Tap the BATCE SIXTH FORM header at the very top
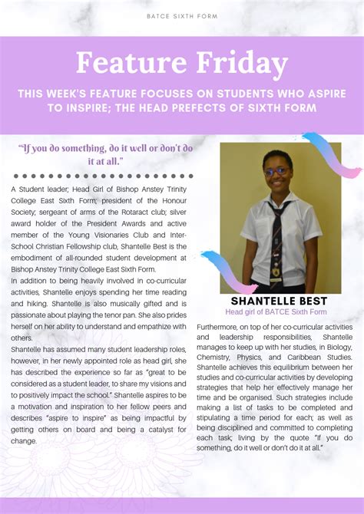click(x=182, y=15)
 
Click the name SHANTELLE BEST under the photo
click(x=279, y=301)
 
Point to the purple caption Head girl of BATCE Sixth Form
click(x=276, y=312)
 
